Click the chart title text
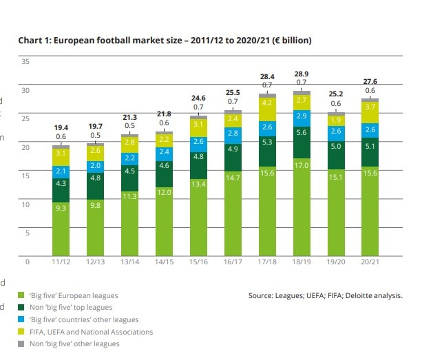(x=165, y=41)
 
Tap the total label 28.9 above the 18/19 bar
(x=301, y=73)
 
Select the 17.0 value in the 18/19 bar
(x=301, y=166)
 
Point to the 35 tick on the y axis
(x=26, y=62)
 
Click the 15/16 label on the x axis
(x=198, y=263)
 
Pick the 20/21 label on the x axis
(x=370, y=263)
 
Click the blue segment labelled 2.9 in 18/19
(x=301, y=116)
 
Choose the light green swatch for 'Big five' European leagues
(x=21, y=295)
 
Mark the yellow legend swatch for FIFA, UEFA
(x=21, y=332)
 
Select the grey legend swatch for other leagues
(x=21, y=344)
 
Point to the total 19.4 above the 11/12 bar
(x=61, y=128)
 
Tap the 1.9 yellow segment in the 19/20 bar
(x=336, y=120)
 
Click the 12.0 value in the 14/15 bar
(x=164, y=192)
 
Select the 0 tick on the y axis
(x=28, y=262)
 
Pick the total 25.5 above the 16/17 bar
(x=233, y=92)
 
